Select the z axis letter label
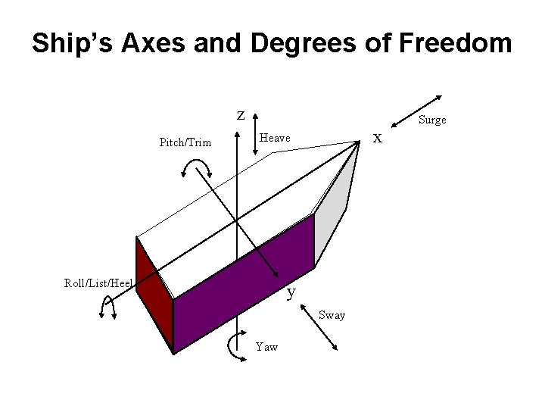point(241,115)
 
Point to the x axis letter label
point(378,138)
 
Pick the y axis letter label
point(291,291)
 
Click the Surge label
point(432,120)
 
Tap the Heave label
point(275,138)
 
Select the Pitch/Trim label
point(185,142)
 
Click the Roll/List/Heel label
point(98,283)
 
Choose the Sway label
point(332,315)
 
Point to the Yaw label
point(266,347)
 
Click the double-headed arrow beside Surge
point(416,111)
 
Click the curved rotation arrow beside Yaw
point(233,347)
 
